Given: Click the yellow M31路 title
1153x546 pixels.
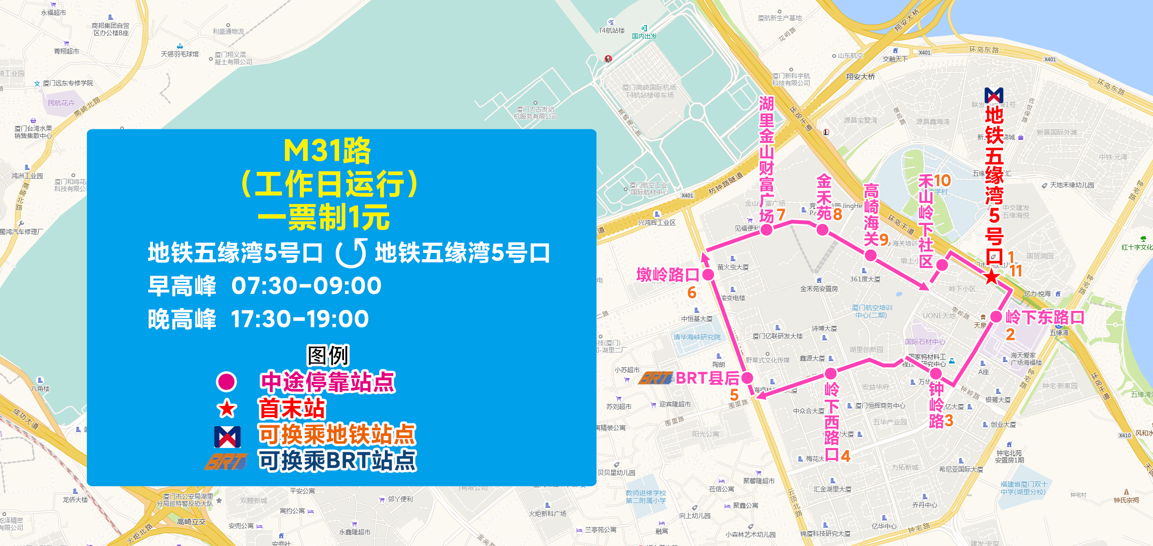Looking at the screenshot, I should click(327, 151).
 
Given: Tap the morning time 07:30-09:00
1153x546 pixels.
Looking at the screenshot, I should click(306, 286).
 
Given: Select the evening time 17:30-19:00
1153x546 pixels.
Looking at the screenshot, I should click(300, 319).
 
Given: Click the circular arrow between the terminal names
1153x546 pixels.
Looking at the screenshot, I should click(351, 253).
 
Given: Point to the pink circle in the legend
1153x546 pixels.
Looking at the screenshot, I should click(226, 382).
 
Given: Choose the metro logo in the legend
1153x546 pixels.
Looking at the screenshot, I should click(227, 436).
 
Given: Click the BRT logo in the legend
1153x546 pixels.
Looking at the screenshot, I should click(226, 462).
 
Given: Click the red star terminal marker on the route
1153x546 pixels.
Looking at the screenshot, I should click(992, 277).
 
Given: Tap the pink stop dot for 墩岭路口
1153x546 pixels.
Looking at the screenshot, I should click(708, 275).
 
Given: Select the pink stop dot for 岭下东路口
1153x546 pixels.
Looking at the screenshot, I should click(996, 317).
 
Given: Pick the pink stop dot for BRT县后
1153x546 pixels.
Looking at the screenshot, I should click(747, 378).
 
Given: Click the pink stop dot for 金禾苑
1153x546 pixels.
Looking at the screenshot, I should click(823, 230).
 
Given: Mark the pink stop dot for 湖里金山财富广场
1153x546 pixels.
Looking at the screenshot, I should click(767, 230).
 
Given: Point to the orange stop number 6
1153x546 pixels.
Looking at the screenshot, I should click(692, 293).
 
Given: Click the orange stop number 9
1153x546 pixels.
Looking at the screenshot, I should click(884, 240).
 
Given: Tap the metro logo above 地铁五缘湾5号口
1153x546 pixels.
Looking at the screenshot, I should click(994, 95).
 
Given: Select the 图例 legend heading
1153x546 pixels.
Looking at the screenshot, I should click(328, 356).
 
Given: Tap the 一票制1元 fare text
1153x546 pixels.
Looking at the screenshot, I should click(324, 218).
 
